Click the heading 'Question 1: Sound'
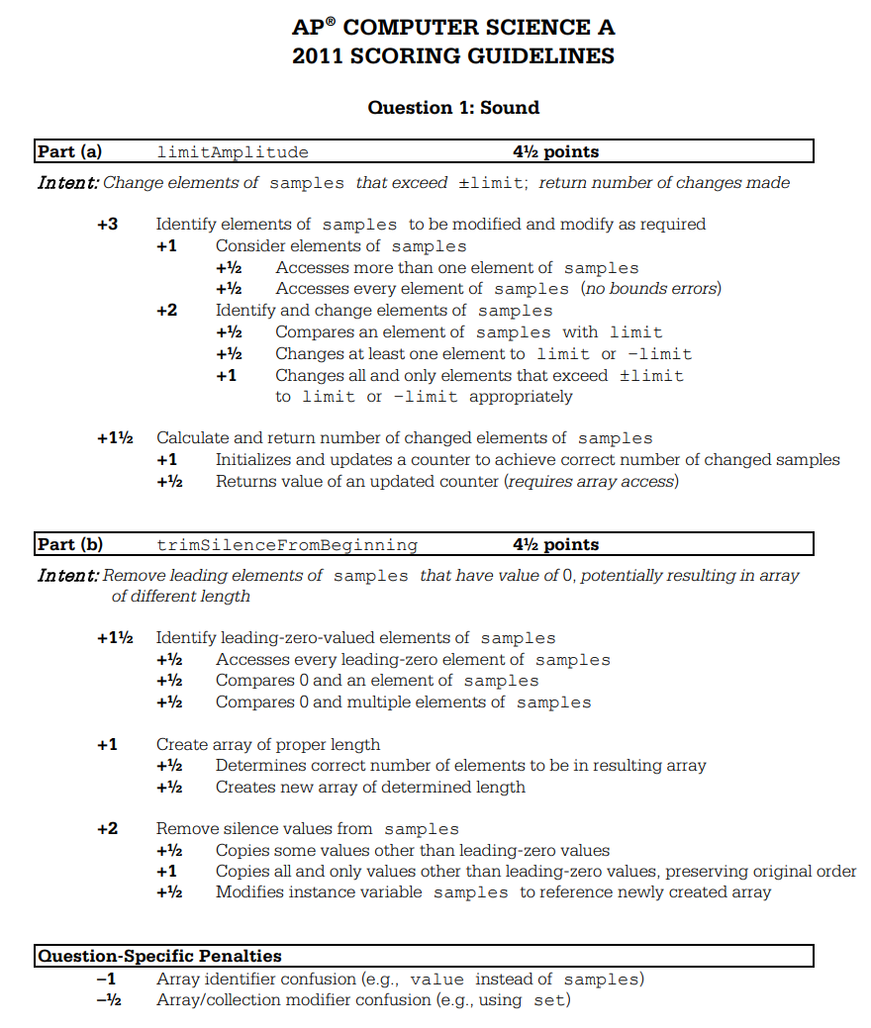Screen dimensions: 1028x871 point(453,107)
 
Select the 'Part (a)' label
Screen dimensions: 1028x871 point(69,151)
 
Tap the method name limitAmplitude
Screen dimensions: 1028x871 point(233,152)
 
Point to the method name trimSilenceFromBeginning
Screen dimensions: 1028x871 point(287,545)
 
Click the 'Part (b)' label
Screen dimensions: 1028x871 point(69,544)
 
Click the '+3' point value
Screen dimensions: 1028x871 point(107,224)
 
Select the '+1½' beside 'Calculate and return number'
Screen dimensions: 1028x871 point(115,438)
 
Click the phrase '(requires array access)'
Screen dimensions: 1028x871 point(591,482)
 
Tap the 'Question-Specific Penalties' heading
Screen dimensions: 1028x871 point(159,956)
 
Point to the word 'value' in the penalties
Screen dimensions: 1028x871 point(436,980)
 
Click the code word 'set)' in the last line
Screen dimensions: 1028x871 point(552,1000)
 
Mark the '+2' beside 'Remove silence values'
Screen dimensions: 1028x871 point(107,829)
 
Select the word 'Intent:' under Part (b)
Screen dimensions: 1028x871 point(67,576)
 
